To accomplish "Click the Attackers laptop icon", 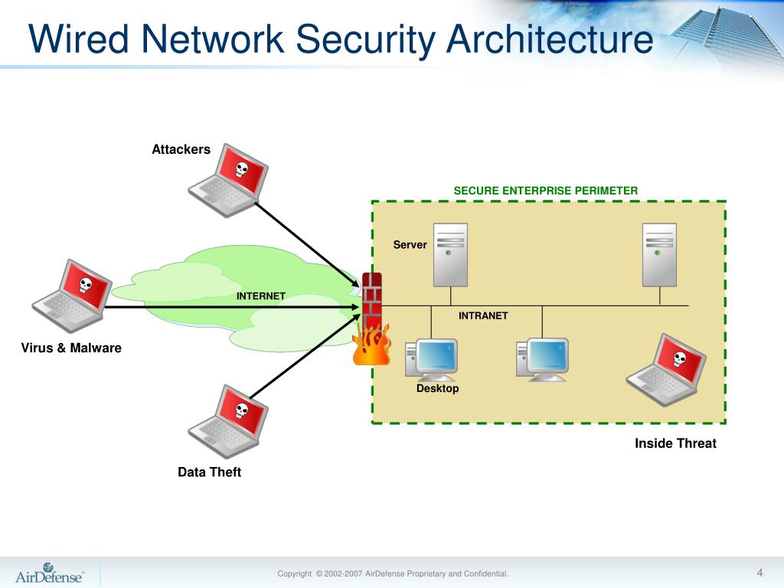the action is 228,181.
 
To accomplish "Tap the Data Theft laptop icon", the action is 228,422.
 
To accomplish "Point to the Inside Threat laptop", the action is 666,370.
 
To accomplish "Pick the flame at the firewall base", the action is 371,345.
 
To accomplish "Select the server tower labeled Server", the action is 450,255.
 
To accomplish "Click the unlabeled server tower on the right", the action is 659,255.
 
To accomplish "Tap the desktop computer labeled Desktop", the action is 431,360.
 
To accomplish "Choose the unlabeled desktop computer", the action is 543,360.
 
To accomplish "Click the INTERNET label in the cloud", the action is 261,296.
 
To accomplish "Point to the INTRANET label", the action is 483,315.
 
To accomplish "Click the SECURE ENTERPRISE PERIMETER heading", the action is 545,191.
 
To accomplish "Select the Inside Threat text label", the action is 675,443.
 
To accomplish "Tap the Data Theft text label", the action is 210,472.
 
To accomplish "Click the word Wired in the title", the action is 79,38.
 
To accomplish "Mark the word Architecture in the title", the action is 550,38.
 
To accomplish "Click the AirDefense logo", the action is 50,573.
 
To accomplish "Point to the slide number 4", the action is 760,573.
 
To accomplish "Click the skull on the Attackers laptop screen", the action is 242,169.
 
